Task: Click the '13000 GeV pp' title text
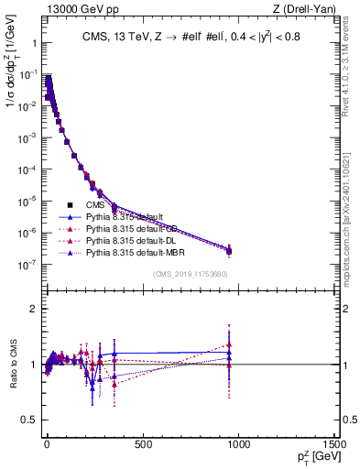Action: point(77,10)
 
